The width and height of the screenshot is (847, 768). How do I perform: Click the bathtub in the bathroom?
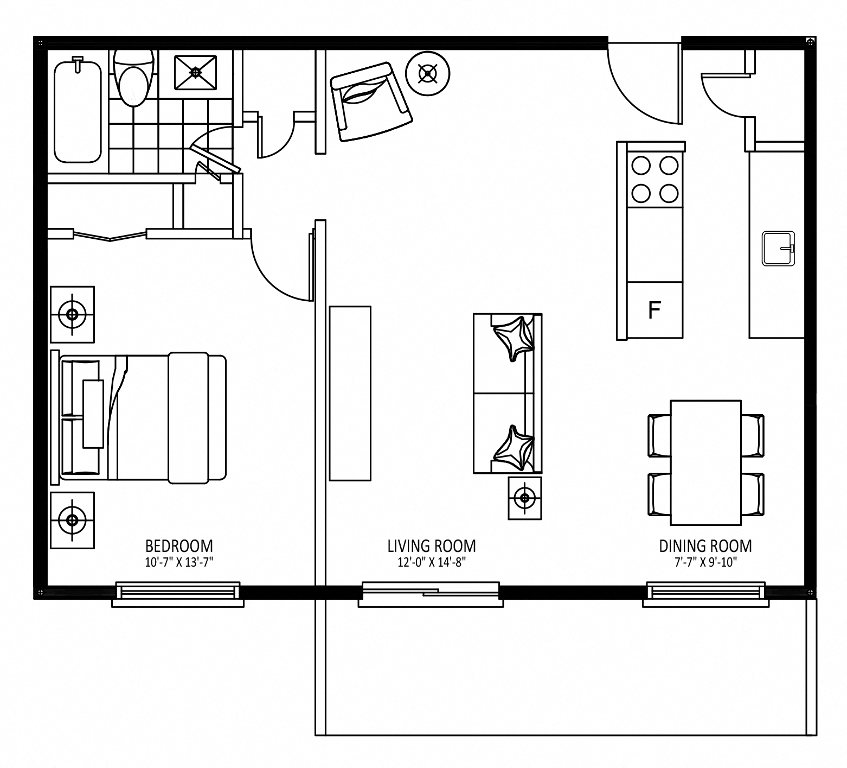pos(78,111)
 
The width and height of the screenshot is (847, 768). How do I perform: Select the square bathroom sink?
pos(196,72)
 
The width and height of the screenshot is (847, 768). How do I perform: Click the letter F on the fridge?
pos(655,310)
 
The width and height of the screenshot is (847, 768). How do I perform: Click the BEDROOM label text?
pos(179,545)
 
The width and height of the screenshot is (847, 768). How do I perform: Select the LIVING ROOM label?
pos(432,545)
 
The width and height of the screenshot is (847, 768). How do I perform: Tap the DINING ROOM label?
pos(705,545)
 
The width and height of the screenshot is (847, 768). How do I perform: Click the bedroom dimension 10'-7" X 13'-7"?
pos(179,562)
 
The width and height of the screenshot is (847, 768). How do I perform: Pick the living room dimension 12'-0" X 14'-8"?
pos(432,562)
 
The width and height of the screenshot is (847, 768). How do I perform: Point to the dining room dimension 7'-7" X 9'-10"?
pos(705,562)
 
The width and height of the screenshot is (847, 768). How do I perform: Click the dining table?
pos(706,463)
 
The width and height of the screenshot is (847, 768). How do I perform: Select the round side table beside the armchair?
pos(428,74)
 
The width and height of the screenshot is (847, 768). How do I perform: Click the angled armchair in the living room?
pos(371,101)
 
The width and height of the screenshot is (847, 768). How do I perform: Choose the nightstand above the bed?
pos(72,314)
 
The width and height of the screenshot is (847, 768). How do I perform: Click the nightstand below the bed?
pos(72,520)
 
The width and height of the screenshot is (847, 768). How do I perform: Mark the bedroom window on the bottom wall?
pos(178,594)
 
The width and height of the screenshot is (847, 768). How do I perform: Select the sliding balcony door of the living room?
pos(431,594)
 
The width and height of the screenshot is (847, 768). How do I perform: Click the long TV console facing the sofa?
pos(350,393)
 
